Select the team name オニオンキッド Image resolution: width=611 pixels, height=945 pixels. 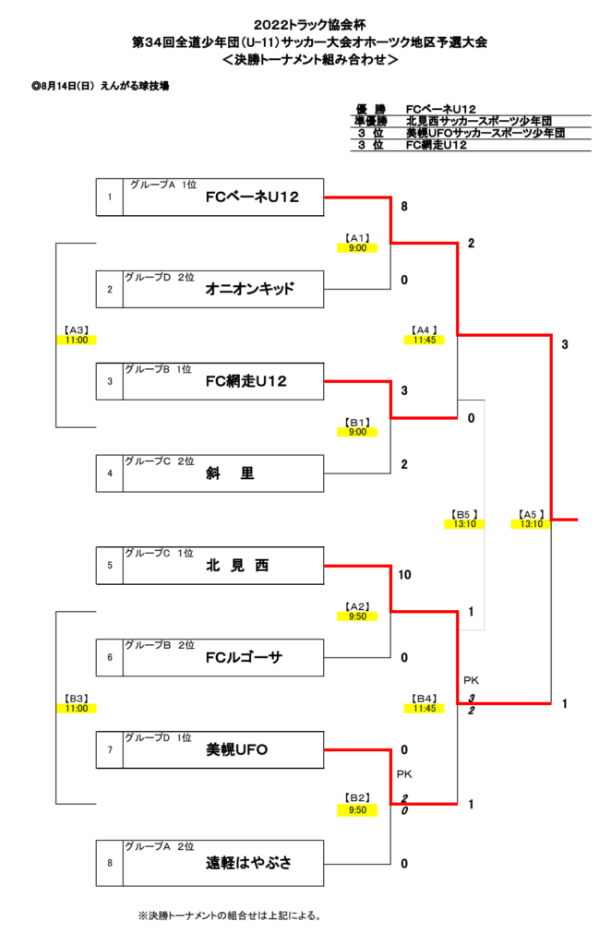click(x=250, y=289)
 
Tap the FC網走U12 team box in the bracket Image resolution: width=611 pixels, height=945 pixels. click(x=246, y=381)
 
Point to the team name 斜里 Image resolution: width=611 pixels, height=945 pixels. click(x=230, y=473)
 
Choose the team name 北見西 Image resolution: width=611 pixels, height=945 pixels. click(x=237, y=566)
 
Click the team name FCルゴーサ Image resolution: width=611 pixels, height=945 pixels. click(x=244, y=657)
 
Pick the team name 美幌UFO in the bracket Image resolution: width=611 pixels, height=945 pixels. click(x=237, y=749)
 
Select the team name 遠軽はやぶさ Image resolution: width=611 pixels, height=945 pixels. click(x=249, y=863)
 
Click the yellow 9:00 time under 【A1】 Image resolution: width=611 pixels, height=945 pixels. click(x=358, y=247)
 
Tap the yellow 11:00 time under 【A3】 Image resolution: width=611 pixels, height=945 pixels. click(x=76, y=340)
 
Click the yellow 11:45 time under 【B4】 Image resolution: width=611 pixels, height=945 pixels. click(x=424, y=709)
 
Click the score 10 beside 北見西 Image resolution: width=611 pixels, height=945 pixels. click(x=404, y=575)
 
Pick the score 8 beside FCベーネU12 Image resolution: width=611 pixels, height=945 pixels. click(x=404, y=207)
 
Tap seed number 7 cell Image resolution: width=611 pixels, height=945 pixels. click(x=110, y=749)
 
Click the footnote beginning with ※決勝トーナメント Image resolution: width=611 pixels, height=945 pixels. click(x=229, y=915)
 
